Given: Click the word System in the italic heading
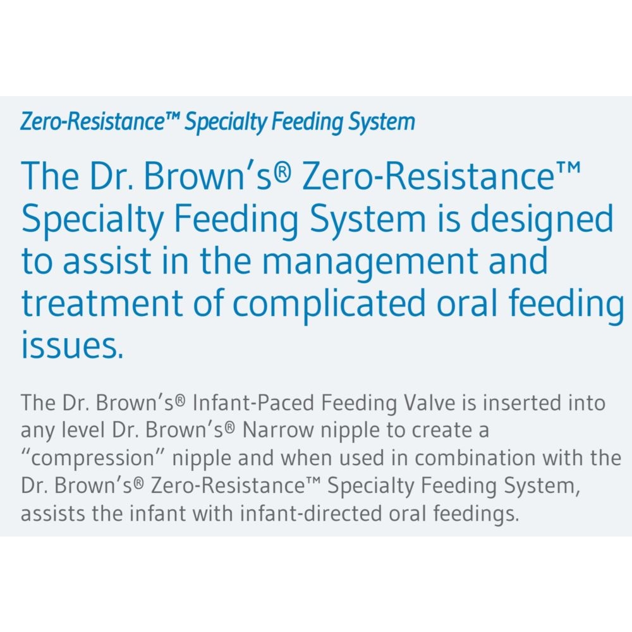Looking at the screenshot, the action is (x=382, y=122).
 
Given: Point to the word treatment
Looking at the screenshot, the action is (x=102, y=303).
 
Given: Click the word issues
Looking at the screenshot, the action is (x=72, y=345).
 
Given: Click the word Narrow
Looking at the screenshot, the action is (x=278, y=430).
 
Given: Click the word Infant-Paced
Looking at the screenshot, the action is (x=253, y=403).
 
